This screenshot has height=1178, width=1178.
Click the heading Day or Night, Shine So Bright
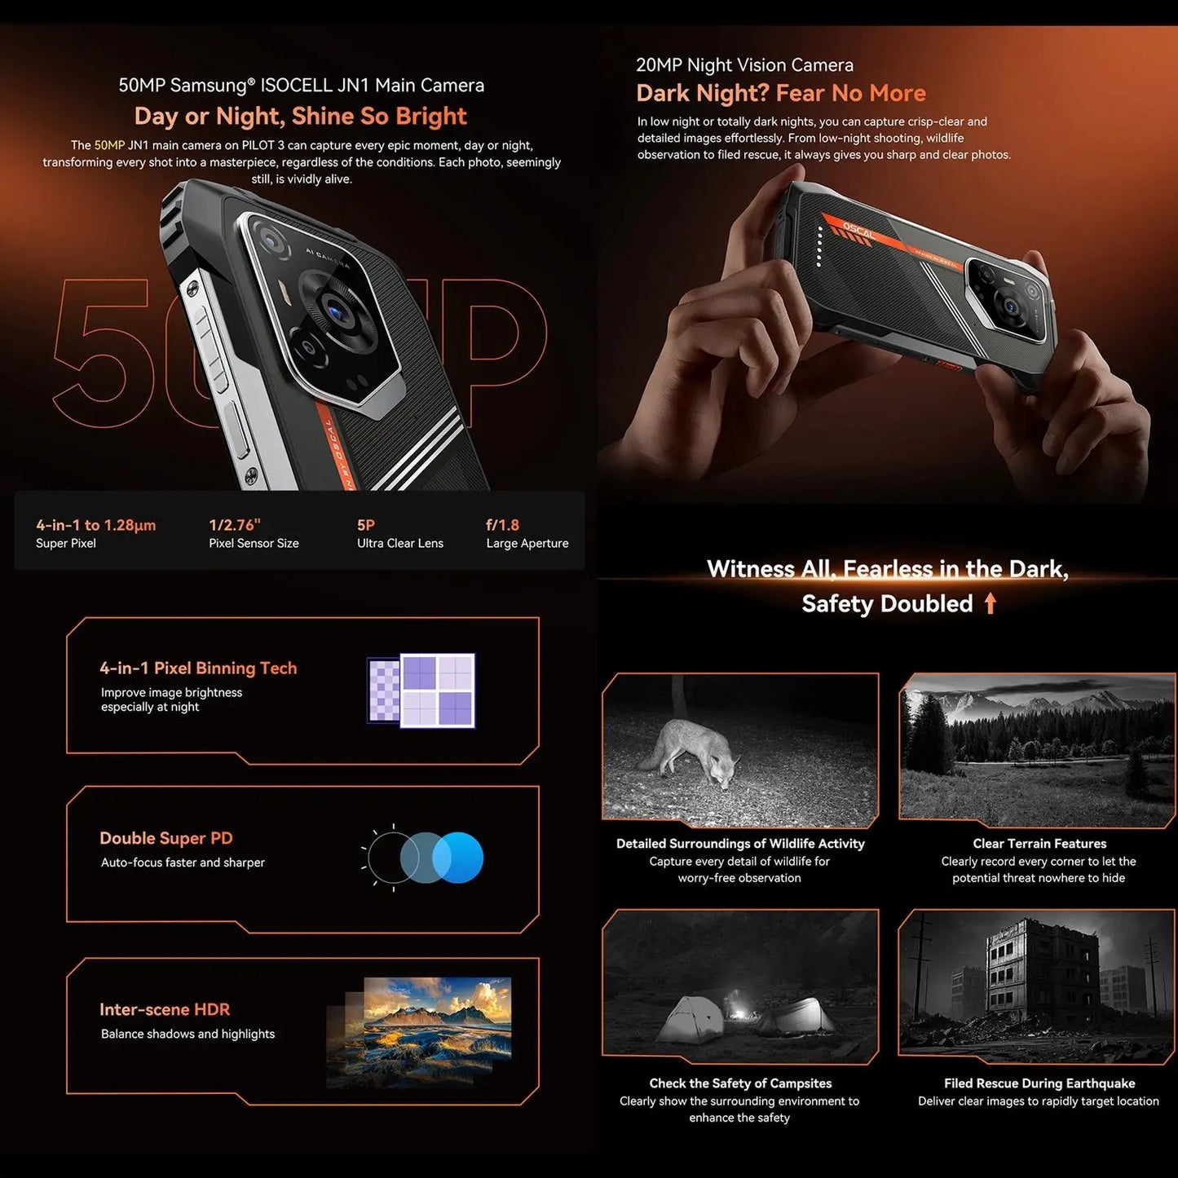coord(300,117)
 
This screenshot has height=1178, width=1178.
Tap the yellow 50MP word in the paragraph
coord(109,145)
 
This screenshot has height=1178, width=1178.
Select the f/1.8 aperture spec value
coord(502,525)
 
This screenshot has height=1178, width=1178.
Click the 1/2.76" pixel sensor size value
coord(234,525)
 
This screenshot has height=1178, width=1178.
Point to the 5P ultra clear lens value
coord(366,525)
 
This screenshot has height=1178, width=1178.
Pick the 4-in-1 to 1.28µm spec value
coord(95,525)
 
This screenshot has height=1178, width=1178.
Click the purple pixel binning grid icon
coord(421,690)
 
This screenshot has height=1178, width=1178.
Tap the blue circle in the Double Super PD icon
coord(459,858)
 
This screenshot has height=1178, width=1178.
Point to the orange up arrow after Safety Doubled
coord(990,603)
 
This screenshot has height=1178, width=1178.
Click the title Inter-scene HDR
coord(165,1009)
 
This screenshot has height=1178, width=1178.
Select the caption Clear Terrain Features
coord(1039,843)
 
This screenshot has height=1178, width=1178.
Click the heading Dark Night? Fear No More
coord(780,93)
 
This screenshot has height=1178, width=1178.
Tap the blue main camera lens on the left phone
coord(335,309)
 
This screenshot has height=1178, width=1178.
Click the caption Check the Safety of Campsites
coord(740,1083)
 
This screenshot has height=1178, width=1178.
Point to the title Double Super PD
coord(166,838)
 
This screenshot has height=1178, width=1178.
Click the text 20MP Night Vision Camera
coord(744,65)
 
